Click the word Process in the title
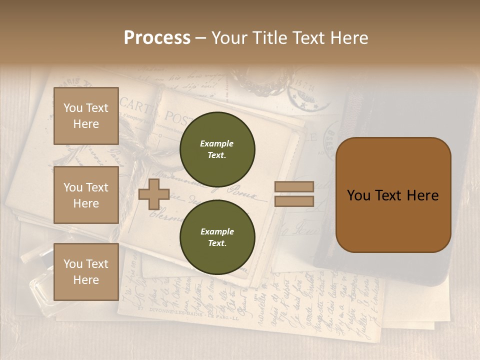click(x=157, y=38)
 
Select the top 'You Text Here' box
click(x=86, y=116)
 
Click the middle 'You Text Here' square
click(x=86, y=195)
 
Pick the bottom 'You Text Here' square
click(x=86, y=271)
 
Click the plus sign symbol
click(x=154, y=194)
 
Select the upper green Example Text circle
click(x=217, y=149)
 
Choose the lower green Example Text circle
click(x=217, y=237)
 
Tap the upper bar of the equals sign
click(x=294, y=186)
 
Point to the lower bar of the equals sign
click(x=294, y=201)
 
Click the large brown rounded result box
click(x=393, y=195)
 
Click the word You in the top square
click(x=73, y=108)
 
